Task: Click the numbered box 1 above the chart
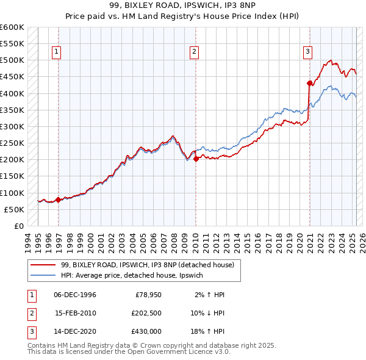(x=56, y=52)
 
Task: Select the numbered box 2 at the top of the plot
(x=193, y=52)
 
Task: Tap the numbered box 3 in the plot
(x=307, y=52)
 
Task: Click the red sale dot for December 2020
(x=309, y=83)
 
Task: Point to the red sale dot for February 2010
(x=196, y=159)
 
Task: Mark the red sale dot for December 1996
(x=58, y=200)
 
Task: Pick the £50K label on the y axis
(x=14, y=209)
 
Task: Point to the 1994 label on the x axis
(x=27, y=242)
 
